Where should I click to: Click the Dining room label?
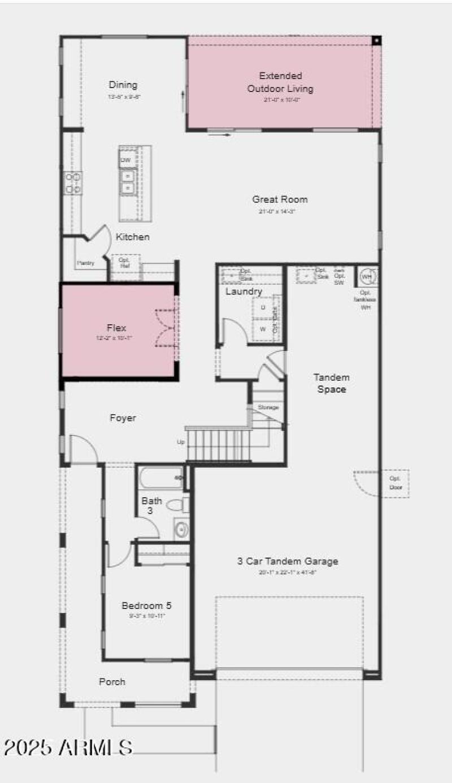click(123, 85)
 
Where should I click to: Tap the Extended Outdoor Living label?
click(280, 82)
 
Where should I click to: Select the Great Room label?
click(280, 199)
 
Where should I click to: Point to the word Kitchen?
click(133, 237)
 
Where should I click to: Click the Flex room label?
click(116, 328)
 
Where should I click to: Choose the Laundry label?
click(244, 292)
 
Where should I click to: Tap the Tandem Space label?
click(332, 383)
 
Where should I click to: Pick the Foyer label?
click(123, 418)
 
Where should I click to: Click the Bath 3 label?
click(151, 505)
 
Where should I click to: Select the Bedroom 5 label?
click(146, 606)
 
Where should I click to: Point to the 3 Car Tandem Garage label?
click(288, 561)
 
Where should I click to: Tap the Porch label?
click(112, 682)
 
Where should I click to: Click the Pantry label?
click(85, 263)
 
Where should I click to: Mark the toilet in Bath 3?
click(178, 503)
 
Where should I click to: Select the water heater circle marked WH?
click(367, 277)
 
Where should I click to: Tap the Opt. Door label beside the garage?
click(395, 484)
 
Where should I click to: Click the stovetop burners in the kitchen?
click(73, 183)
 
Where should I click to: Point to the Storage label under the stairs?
click(268, 407)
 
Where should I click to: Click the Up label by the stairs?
click(181, 442)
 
